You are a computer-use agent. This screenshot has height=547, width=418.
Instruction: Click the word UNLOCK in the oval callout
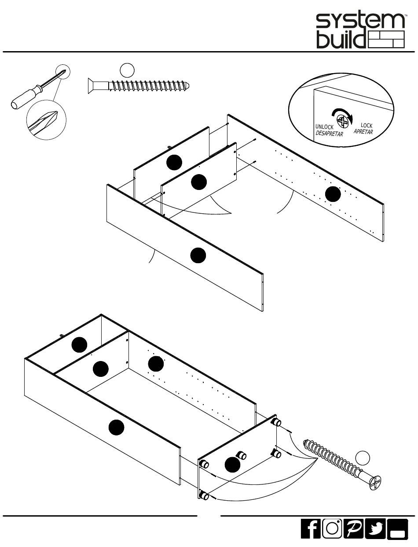324,127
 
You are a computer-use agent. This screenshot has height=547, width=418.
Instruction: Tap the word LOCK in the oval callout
367,125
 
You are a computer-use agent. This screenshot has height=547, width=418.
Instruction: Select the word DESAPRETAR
329,134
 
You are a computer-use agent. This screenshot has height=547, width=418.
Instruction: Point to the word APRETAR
363,131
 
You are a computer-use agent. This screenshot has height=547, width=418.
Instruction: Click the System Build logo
360,31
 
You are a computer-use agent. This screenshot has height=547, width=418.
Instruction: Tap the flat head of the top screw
92,86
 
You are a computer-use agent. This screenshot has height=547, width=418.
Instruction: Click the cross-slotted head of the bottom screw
375,483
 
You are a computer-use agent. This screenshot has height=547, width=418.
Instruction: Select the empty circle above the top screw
127,70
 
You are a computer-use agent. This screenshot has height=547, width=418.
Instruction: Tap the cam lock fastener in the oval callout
343,121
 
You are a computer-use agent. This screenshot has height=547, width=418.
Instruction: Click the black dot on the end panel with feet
232,465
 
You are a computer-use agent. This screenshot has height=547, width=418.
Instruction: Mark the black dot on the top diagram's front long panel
198,255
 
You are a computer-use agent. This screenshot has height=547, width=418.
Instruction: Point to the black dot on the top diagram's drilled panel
333,194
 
